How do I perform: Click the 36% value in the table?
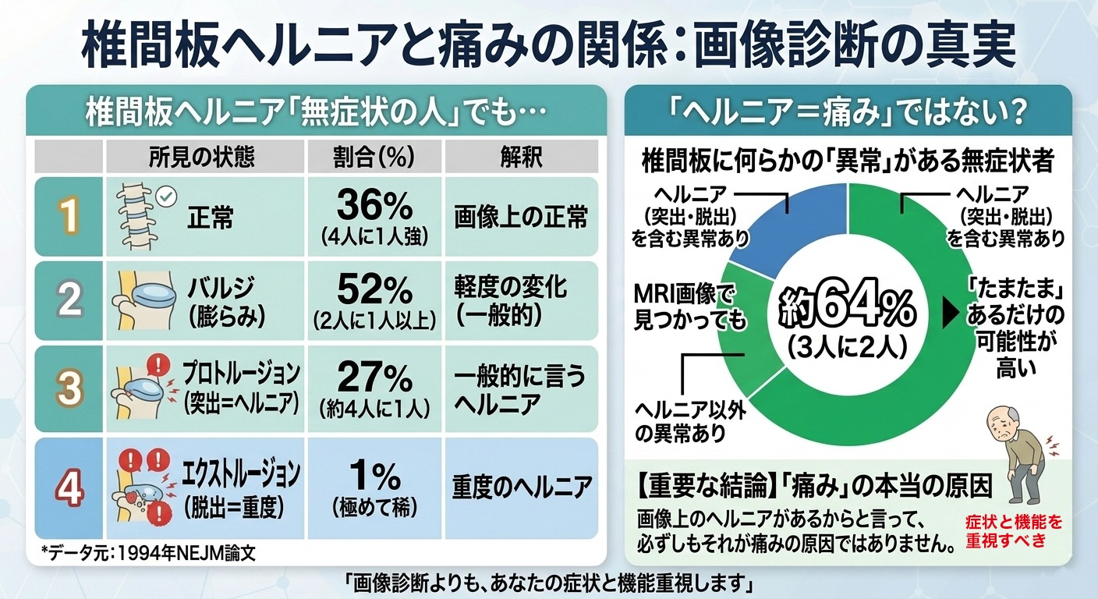374,205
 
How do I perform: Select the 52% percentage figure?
374,289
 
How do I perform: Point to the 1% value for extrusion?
374,476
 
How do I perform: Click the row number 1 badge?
69,217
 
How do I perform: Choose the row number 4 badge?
69,488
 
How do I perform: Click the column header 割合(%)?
374,157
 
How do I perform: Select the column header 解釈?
521,157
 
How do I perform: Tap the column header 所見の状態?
202,157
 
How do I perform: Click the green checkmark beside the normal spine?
166,197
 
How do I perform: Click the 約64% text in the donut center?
847,308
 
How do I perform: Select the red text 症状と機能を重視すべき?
1014,531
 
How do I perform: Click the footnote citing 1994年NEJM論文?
148,553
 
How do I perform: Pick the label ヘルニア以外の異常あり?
690,421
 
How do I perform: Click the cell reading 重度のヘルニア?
522,487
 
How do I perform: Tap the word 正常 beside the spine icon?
211,218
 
